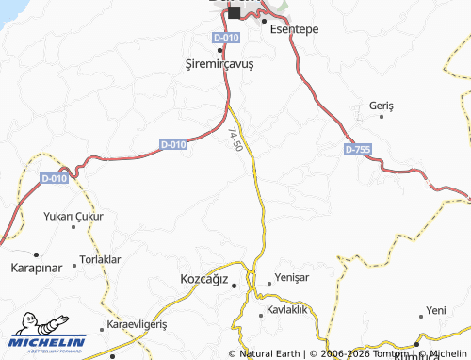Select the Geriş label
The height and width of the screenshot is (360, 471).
[382, 105]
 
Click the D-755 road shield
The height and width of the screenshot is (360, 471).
[358, 149]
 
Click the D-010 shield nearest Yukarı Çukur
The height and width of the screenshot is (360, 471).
[55, 178]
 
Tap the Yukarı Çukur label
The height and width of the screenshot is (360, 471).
[73, 216]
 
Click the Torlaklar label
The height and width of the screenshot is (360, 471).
[101, 259]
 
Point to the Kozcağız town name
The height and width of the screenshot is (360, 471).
[204, 279]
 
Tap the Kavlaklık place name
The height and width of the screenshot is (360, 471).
[287, 310]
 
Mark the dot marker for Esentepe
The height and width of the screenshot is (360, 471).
[265, 20]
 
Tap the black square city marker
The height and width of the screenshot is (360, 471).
[234, 12]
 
